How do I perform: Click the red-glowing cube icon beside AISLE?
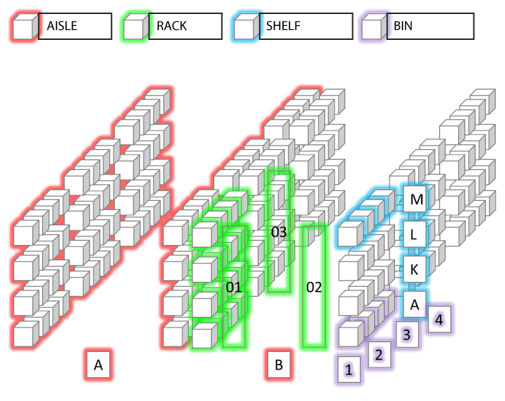click(x=24, y=28)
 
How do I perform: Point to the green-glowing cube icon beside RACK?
click(x=134, y=28)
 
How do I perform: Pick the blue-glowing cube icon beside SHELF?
click(x=246, y=28)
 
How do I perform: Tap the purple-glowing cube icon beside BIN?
click(x=372, y=28)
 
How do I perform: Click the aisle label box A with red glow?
click(x=98, y=365)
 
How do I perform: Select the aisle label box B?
click(x=278, y=365)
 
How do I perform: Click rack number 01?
click(x=234, y=287)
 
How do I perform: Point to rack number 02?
click(x=314, y=287)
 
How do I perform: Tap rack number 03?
click(x=279, y=232)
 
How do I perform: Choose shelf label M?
click(x=417, y=200)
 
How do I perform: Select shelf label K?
click(x=415, y=268)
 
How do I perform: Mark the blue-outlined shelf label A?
click(x=415, y=304)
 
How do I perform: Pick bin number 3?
click(x=406, y=335)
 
